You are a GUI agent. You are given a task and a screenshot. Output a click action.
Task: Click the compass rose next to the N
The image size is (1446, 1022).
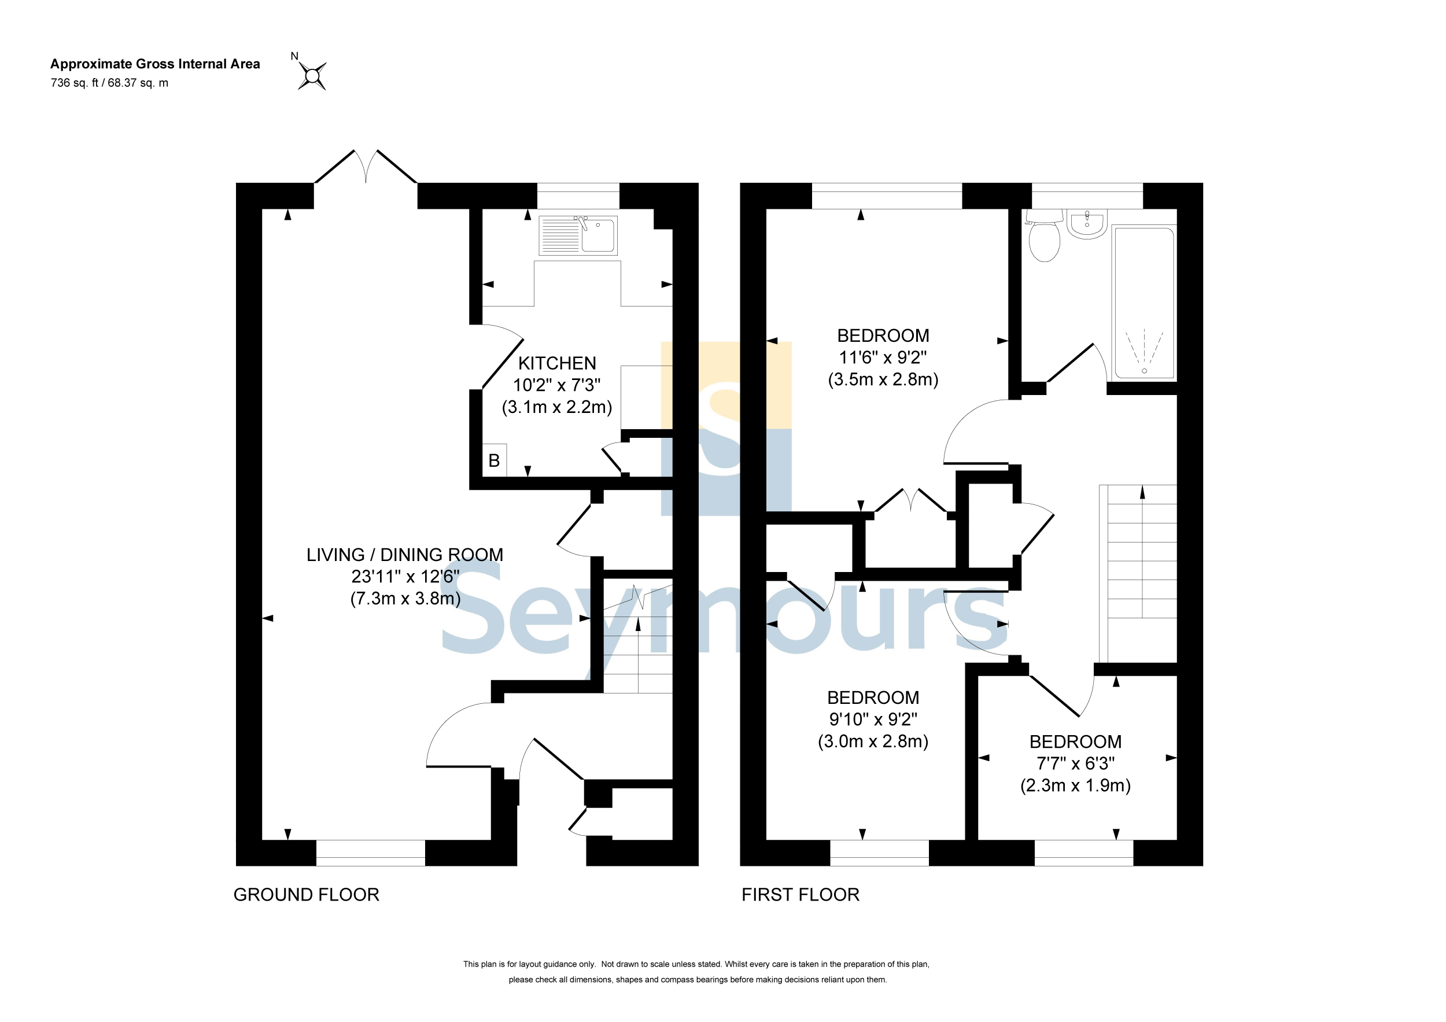pos(312,76)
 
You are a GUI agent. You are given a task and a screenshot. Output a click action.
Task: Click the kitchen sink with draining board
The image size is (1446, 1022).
pos(577,235)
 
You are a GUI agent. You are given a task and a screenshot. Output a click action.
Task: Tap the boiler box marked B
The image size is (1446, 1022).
pos(495,460)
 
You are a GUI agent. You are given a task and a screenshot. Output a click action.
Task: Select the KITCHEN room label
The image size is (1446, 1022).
pos(557,363)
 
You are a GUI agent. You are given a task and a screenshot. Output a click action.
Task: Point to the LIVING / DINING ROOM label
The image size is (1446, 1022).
pos(405,555)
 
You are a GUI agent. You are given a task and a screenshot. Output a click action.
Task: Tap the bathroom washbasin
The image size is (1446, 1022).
pos(1087,224)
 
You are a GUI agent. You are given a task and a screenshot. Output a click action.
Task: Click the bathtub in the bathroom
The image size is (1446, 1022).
pos(1143,304)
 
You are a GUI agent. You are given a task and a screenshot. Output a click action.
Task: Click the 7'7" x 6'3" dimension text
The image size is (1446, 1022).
pos(1075,764)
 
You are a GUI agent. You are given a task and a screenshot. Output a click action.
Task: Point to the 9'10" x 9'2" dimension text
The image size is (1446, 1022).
pos(873,719)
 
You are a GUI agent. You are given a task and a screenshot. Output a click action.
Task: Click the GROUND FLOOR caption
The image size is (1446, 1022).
pos(306,895)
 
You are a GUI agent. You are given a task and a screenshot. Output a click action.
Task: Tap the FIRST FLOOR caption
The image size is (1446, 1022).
pos(800,895)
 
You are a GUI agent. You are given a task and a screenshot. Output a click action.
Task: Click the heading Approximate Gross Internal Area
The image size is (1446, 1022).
pos(155,64)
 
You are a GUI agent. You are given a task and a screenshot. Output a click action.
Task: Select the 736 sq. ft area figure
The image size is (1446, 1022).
pos(73,83)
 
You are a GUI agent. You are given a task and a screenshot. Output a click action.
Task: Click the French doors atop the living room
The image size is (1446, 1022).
pos(366,166)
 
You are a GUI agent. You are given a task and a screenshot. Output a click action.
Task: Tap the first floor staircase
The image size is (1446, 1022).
pos(1137,574)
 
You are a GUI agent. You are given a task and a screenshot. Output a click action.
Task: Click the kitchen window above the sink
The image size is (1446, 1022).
pos(578,196)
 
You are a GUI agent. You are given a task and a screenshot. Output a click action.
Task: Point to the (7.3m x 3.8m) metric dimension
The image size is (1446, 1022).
pos(405,598)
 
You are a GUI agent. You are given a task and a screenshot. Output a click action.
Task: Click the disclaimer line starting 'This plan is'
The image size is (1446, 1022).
pos(696,964)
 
